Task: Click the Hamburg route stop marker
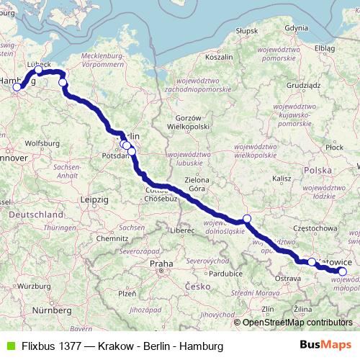17,87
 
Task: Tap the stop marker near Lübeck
39,71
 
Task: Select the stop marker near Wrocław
246,218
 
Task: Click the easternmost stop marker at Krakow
343,271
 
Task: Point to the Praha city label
161,264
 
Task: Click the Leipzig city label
95,199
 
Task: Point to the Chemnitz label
112,238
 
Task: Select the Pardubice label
225,274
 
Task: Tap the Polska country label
318,171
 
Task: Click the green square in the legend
9,346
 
